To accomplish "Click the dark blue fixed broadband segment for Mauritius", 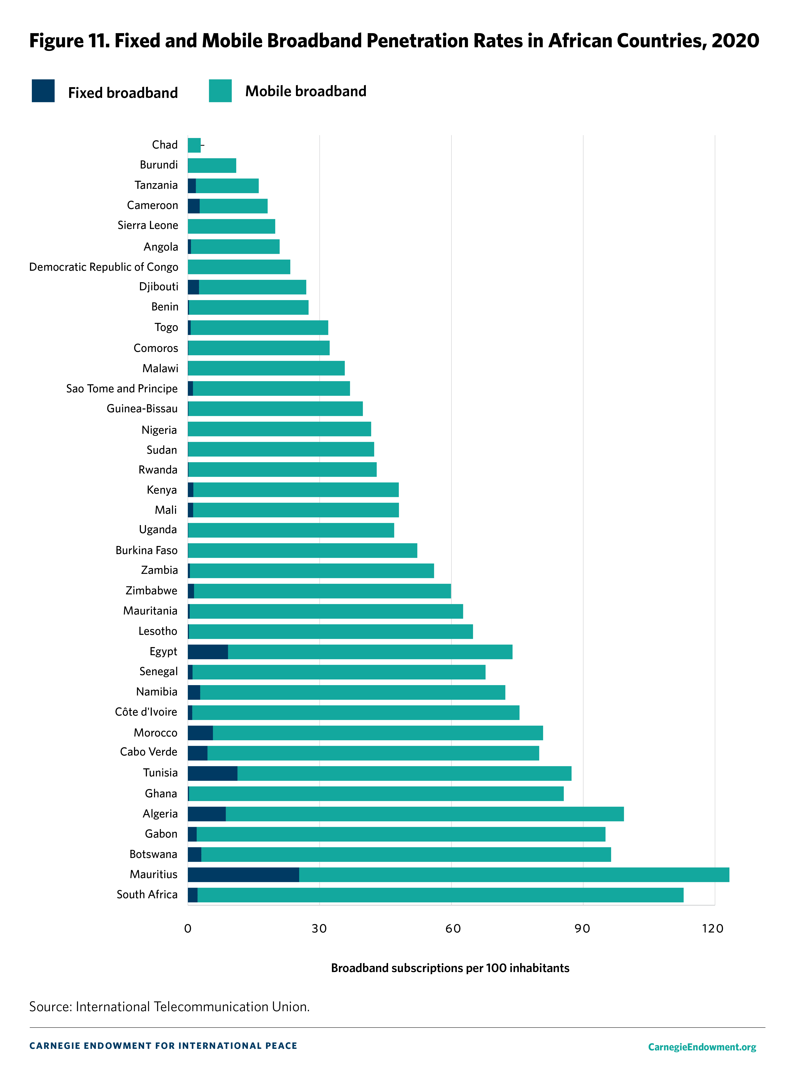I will click(243, 874).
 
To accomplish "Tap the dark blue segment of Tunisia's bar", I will click(212, 773).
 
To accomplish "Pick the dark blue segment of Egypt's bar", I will click(208, 652).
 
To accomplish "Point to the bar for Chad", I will click(194, 145).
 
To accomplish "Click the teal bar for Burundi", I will click(212, 165).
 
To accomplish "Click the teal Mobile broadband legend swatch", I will click(220, 91).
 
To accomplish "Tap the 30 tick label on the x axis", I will click(319, 928).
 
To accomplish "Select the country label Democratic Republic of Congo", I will click(104, 267).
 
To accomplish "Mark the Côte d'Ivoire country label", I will click(146, 712).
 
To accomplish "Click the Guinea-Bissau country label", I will click(142, 408).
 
